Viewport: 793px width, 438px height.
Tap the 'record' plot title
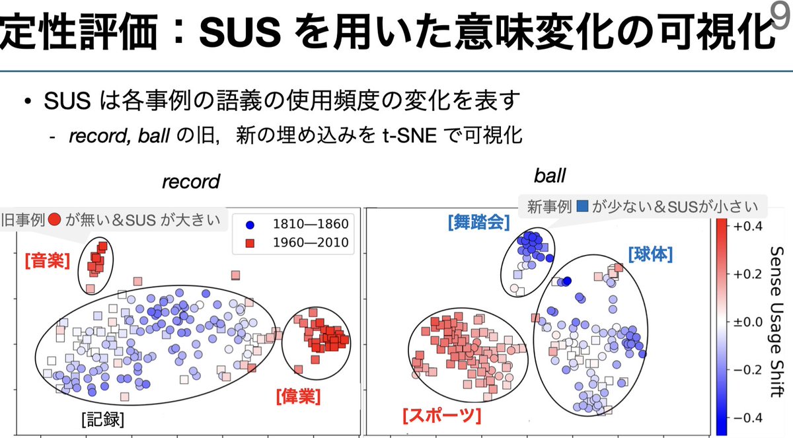coord(190,181)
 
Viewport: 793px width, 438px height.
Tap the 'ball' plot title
coord(550,176)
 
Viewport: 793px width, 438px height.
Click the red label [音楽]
coord(47,260)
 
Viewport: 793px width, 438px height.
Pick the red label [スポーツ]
coord(441,416)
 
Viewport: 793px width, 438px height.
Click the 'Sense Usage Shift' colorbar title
coord(778,322)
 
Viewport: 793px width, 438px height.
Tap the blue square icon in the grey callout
coord(582,206)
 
